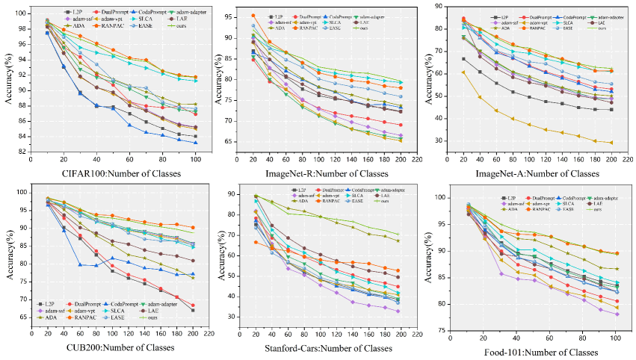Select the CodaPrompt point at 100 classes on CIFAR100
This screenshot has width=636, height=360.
[196, 143]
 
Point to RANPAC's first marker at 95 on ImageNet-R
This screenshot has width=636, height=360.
[253, 16]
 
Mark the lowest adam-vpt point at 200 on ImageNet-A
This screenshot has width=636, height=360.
[611, 143]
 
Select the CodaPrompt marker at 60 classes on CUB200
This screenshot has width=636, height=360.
[79, 264]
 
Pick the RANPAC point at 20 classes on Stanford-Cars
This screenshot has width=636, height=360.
[255, 242]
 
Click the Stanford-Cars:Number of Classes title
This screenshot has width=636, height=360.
[327, 348]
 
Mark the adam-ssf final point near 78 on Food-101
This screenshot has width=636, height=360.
[615, 314]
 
